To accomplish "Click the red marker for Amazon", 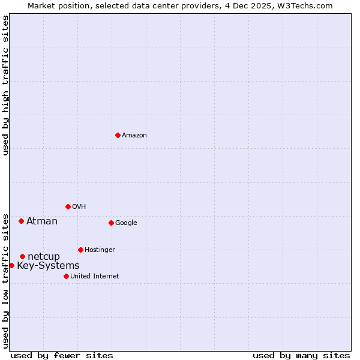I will pyautogui.click(x=118, y=135).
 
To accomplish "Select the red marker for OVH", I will pyautogui.click(x=68, y=206).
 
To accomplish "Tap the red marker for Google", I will pyautogui.click(x=111, y=223).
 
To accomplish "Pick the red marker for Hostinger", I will pyautogui.click(x=80, y=250).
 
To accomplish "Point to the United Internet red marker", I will pyautogui.click(x=66, y=276).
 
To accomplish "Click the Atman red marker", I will pyautogui.click(x=21, y=221).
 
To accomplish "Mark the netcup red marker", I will pyautogui.click(x=22, y=256).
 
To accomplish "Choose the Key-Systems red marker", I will pyautogui.click(x=11, y=265).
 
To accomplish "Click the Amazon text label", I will pyautogui.click(x=134, y=136).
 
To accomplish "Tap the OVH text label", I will pyautogui.click(x=79, y=207).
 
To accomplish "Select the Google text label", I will pyautogui.click(x=126, y=223).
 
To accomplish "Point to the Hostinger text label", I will pyautogui.click(x=100, y=250).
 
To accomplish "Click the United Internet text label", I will pyautogui.click(x=95, y=277).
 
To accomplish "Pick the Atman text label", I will pyautogui.click(x=42, y=221).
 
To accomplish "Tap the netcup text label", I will pyautogui.click(x=44, y=257).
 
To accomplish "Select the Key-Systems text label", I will pyautogui.click(x=48, y=266).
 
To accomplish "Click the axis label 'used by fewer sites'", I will pyautogui.click(x=62, y=355).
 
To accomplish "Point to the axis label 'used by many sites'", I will pyautogui.click(x=301, y=355).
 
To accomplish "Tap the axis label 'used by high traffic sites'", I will pyautogui.click(x=5, y=85).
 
